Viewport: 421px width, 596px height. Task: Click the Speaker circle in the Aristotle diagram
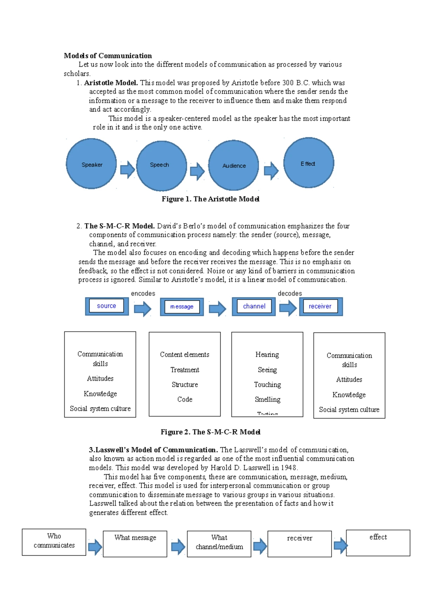point(91,164)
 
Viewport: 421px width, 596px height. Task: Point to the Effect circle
point(308,163)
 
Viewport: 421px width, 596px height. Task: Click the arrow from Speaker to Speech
point(127,170)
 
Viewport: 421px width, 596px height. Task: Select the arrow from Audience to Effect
point(271,171)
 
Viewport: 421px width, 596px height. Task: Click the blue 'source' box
point(107,306)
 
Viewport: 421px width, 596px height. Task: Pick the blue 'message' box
point(182,307)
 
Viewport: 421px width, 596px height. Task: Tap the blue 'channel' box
point(254,306)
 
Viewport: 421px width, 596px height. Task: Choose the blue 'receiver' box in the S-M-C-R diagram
point(321,306)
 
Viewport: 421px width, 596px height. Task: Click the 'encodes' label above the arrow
point(143,293)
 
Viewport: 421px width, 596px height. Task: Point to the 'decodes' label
point(290,293)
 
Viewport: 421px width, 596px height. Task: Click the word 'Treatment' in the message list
point(185,370)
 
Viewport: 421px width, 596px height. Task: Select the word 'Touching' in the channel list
point(267,385)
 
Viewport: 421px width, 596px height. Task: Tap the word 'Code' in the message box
point(185,399)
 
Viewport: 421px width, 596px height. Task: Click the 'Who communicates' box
point(54,542)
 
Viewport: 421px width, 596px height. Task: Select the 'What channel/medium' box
point(219,544)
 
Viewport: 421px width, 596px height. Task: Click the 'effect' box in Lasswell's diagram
point(378,543)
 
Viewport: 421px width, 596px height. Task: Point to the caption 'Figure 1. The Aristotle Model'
point(210,199)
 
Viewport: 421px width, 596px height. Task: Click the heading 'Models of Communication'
point(108,56)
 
